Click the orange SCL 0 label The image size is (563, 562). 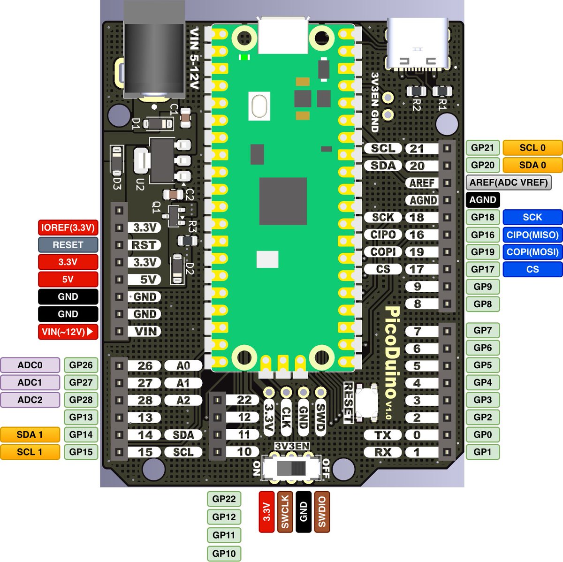point(533,148)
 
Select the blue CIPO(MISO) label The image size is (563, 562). point(533,235)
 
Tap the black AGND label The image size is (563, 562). point(483,200)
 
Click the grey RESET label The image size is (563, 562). point(68,245)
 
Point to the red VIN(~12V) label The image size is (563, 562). point(68,332)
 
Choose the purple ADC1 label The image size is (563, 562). point(30,382)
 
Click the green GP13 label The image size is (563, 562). point(81,417)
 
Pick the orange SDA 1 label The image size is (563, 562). point(30,434)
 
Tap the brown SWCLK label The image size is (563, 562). point(285,512)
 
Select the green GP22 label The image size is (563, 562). point(224,499)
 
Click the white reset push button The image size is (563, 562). point(367,401)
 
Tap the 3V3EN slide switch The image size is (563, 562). point(291,469)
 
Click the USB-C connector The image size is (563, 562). point(417,45)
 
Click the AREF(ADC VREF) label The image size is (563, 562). point(509,182)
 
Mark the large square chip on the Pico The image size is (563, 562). point(283,201)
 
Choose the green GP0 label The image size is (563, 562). point(483,434)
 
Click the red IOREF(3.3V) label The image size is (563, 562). point(68,228)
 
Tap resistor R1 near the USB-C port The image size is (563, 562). point(441,91)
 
